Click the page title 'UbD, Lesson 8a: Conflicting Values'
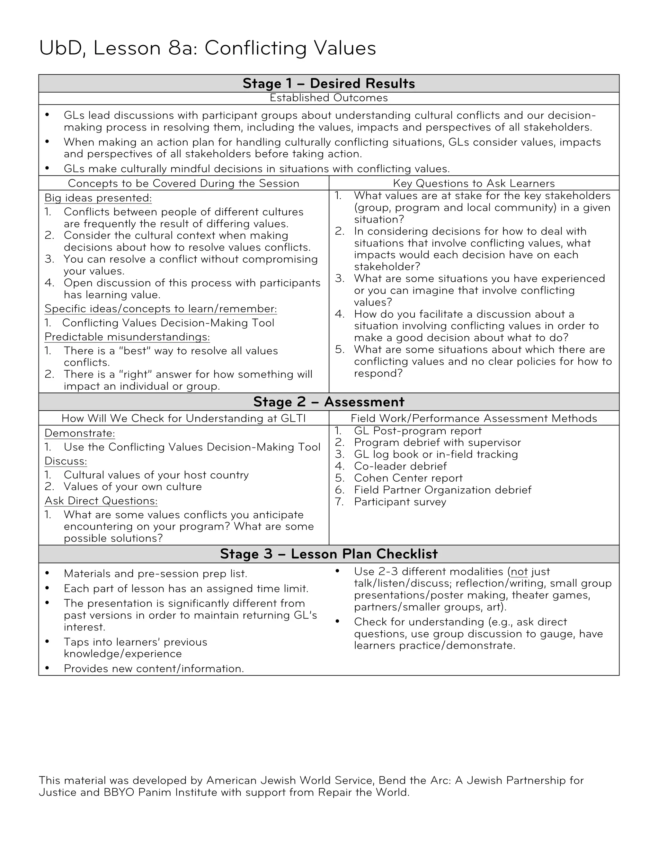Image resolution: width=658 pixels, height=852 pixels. [x=207, y=48]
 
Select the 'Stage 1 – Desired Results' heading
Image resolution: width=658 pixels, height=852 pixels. [x=329, y=84]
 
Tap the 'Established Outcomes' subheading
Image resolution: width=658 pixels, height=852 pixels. [x=329, y=98]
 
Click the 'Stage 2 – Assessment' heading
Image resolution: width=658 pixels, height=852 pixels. [x=329, y=402]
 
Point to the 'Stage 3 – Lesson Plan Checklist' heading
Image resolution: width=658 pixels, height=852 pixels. [x=329, y=554]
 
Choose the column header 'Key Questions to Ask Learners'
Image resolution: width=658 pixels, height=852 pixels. [x=474, y=183]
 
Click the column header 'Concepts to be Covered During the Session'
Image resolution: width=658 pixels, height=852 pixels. [x=183, y=183]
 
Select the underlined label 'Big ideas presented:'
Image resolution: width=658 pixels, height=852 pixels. [x=98, y=198]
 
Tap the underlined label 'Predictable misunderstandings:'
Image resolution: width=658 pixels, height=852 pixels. [x=127, y=337]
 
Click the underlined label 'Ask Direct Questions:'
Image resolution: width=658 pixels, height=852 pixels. [x=101, y=501]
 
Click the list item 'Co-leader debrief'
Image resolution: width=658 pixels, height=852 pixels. [x=400, y=466]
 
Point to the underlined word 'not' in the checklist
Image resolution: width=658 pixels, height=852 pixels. [x=519, y=572]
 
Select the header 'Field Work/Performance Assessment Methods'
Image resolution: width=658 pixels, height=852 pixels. [x=474, y=418]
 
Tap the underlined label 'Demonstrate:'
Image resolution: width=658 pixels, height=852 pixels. [x=80, y=433]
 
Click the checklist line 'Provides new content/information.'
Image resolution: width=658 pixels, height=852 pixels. [x=154, y=669]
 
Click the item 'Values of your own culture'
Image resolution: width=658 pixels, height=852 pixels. [x=133, y=486]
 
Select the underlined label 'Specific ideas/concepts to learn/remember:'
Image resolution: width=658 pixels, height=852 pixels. [x=161, y=309]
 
